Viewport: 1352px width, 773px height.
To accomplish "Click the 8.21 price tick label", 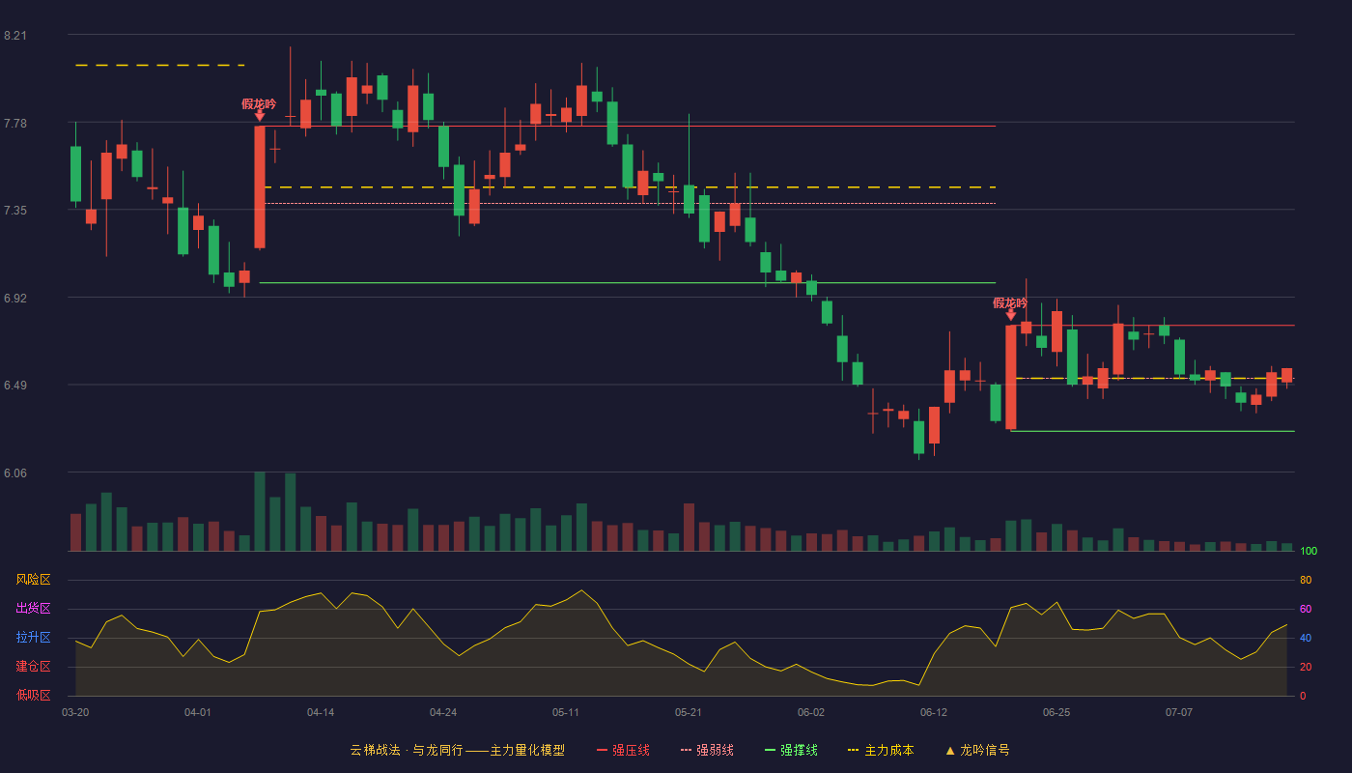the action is (x=15, y=36).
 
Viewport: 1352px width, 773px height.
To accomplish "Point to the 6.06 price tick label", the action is (x=15, y=472).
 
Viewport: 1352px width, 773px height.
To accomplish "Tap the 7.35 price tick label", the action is (x=15, y=211).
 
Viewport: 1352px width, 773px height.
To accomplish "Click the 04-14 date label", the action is (x=321, y=713).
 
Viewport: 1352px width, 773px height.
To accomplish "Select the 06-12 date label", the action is (x=934, y=713).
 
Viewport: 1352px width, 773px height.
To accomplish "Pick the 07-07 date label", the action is (x=1179, y=713).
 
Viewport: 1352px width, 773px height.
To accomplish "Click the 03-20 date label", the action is (x=75, y=713).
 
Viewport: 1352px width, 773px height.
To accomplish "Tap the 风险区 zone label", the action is (x=33, y=580).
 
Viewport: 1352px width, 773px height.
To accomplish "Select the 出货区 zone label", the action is (x=33, y=608).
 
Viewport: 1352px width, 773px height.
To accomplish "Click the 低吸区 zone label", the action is (x=33, y=695).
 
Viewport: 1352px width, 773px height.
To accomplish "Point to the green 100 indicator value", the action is (x=1309, y=551).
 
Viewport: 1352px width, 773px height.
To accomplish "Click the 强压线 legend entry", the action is (x=623, y=750).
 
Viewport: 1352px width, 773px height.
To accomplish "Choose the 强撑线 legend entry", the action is (x=791, y=750).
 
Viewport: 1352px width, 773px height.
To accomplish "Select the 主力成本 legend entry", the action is (x=881, y=750).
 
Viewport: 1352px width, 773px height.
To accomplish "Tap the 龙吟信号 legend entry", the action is (x=977, y=750).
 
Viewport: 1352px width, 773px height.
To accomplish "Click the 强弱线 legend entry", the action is (x=707, y=750).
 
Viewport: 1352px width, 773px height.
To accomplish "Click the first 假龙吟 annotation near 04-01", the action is (x=259, y=104).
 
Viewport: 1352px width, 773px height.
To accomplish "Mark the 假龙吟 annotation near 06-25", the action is (x=1010, y=303).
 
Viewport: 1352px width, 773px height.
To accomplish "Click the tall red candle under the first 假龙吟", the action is (x=260, y=187).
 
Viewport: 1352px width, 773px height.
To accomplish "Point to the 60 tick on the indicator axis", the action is (x=1306, y=609).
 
